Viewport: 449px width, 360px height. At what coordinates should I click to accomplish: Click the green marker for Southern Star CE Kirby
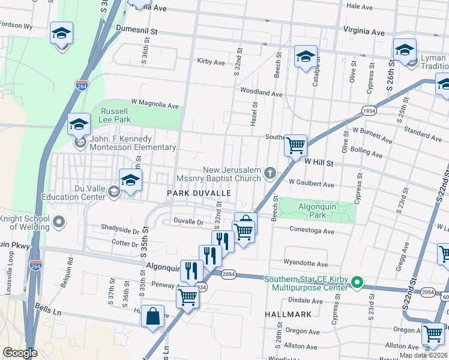pos(357,281)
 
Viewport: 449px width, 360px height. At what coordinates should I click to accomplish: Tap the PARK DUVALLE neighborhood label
pos(199,193)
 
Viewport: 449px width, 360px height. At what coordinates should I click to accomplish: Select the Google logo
pos(20,353)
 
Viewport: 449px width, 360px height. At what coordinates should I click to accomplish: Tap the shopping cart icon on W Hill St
pos(295,145)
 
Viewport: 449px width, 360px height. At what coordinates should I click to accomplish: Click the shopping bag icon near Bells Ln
pos(153,316)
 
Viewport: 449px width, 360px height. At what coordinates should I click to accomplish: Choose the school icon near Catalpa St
pos(306,57)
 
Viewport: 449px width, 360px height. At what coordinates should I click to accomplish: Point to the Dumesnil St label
pos(136,29)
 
